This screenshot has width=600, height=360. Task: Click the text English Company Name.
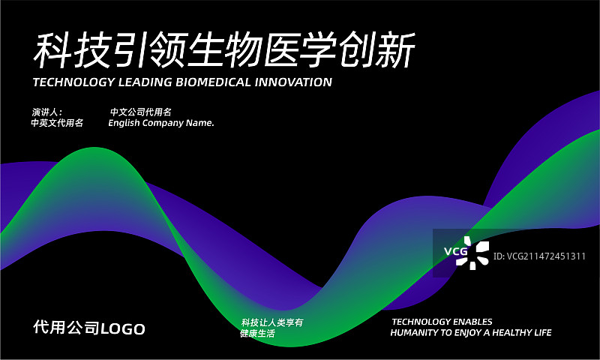click(161, 123)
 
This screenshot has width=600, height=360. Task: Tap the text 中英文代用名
click(57, 123)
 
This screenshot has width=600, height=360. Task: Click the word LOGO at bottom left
click(123, 328)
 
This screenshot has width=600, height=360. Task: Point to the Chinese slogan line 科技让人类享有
click(271, 322)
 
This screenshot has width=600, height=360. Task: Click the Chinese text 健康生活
click(257, 333)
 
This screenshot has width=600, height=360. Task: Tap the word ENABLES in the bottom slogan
click(475, 322)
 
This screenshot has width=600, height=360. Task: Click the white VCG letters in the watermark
click(455, 252)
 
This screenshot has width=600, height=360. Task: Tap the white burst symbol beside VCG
click(478, 253)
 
